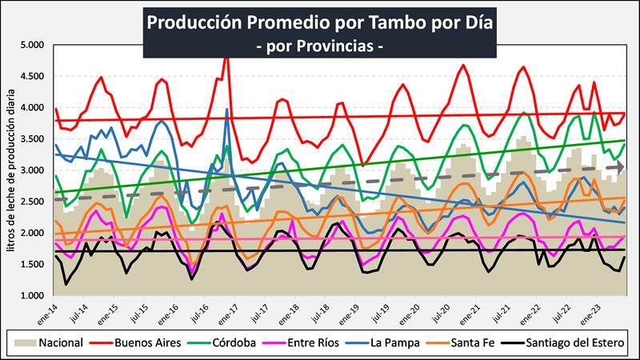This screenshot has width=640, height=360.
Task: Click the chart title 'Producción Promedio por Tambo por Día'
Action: pyautogui.click(x=320, y=22)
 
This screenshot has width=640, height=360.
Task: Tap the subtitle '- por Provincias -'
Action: pyautogui.click(x=320, y=46)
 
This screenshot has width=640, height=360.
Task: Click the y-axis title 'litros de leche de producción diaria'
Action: pyautogui.click(x=11, y=170)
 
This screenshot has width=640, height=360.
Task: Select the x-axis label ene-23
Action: pyautogui.click(x=589, y=314)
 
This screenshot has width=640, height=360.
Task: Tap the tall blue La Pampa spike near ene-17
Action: pyautogui.click(x=227, y=110)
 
